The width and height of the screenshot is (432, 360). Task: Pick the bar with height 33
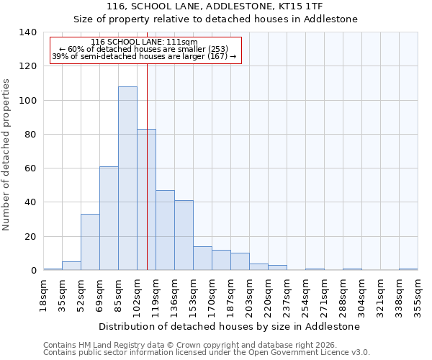point(90,242)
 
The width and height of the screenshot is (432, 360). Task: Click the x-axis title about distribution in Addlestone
point(230,326)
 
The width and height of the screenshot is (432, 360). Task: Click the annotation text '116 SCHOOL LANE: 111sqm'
point(144,42)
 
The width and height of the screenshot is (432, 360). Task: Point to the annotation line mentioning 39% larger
point(144,56)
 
